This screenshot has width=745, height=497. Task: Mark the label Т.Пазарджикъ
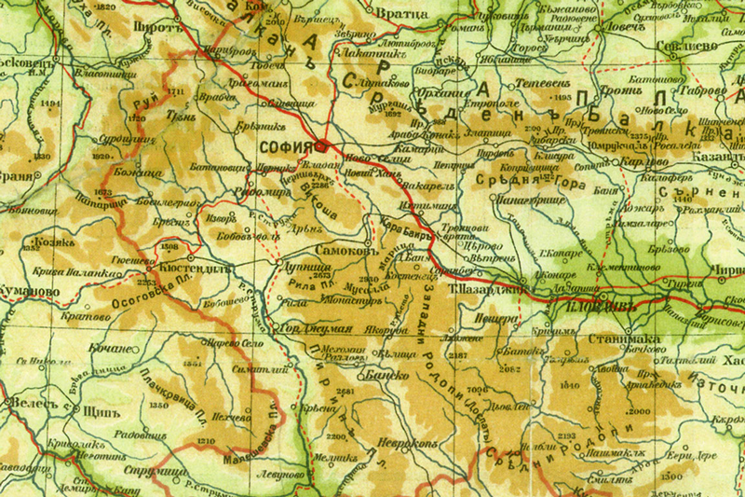coord(483,289)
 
